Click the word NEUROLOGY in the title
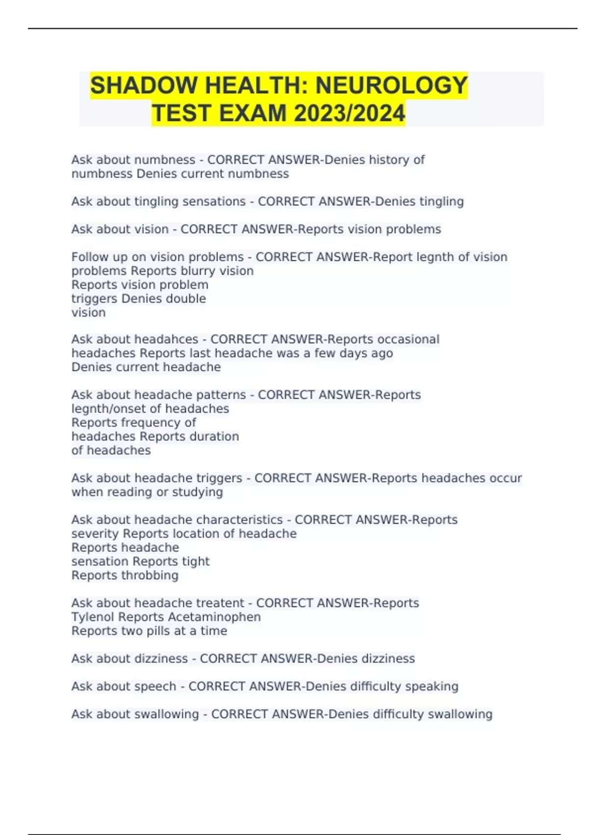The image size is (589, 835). (x=391, y=85)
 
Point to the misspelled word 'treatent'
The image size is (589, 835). (x=220, y=603)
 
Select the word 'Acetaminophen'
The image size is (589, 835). (x=214, y=617)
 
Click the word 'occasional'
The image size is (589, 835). (x=408, y=339)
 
